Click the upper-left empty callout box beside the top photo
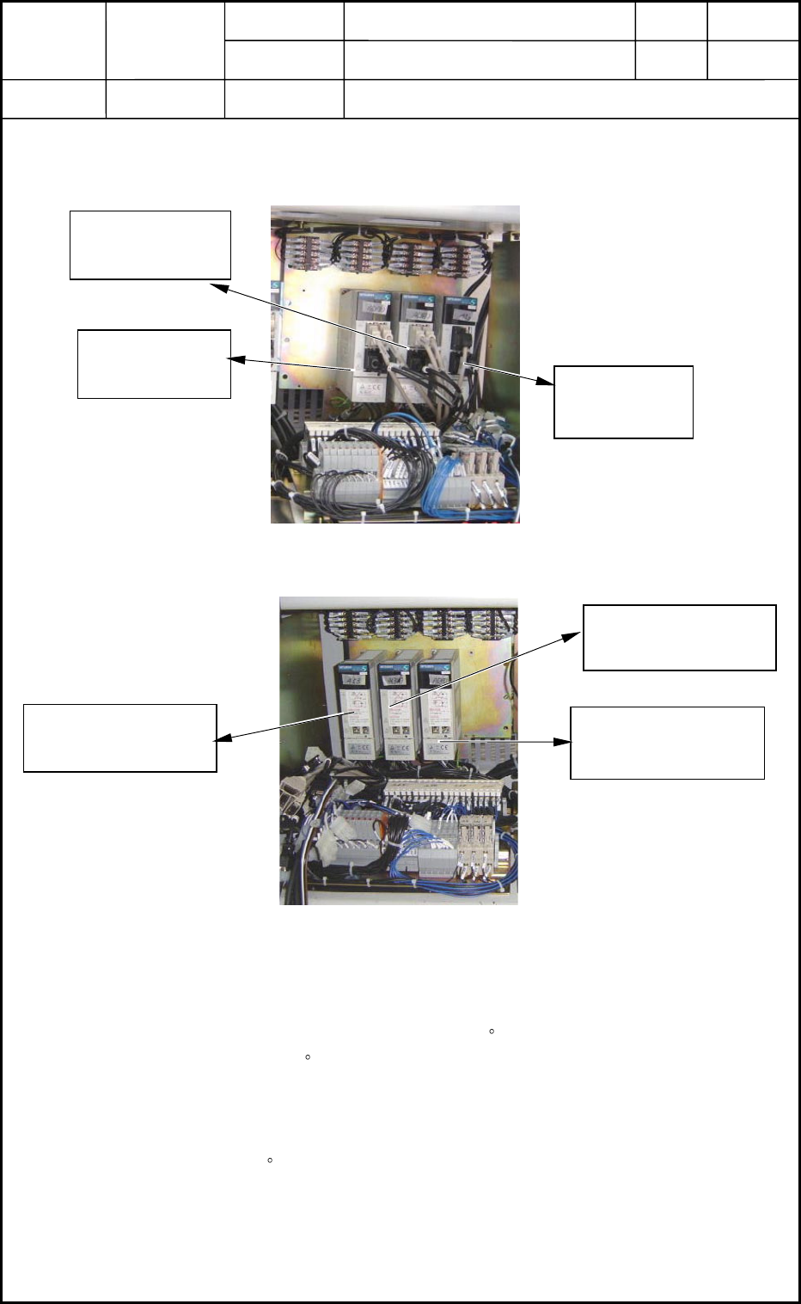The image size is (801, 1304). click(150, 245)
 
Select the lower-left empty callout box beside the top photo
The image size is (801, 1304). click(154, 364)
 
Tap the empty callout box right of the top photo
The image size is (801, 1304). click(623, 402)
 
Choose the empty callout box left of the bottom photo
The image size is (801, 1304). click(119, 738)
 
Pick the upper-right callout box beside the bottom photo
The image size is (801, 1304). click(679, 637)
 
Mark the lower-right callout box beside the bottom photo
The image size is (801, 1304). click(667, 743)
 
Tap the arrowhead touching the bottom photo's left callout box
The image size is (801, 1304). click(223, 738)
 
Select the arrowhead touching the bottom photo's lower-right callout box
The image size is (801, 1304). click(563, 741)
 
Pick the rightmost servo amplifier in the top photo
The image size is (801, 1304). click(460, 344)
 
